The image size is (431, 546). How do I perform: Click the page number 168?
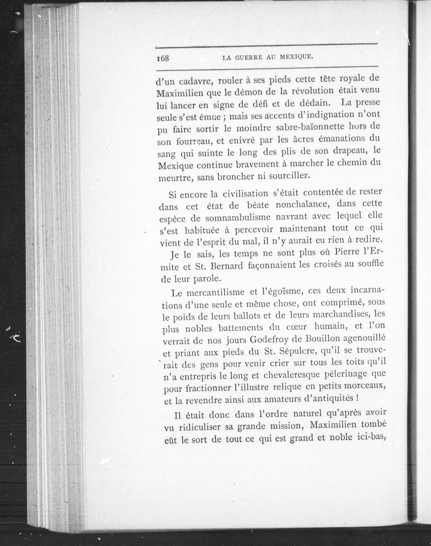(162, 58)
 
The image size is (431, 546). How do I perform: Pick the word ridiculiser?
(207, 427)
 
